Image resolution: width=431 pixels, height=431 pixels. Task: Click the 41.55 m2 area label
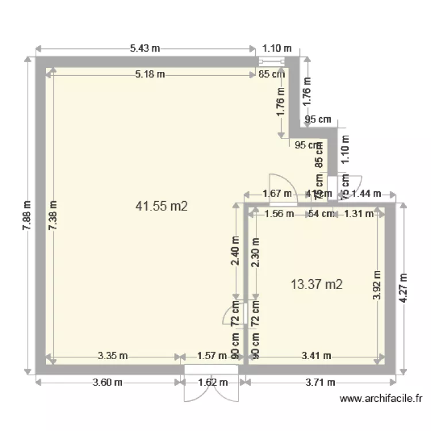[x=161, y=206]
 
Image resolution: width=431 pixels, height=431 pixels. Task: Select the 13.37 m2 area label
[x=317, y=283]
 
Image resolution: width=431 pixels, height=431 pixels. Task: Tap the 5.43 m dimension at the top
[x=145, y=48]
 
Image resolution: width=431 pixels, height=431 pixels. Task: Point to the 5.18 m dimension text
[x=150, y=74]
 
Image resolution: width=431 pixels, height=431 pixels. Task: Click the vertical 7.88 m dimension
[x=27, y=215]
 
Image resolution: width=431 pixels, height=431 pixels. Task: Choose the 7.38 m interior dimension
[x=53, y=215]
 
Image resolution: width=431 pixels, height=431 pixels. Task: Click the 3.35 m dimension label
[x=113, y=356]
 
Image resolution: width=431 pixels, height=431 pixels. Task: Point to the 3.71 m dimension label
[x=319, y=382]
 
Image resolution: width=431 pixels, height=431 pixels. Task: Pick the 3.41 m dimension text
[x=316, y=356]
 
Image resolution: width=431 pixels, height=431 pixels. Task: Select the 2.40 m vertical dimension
[x=234, y=251]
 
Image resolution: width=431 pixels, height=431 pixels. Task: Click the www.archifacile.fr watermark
[x=381, y=398]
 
